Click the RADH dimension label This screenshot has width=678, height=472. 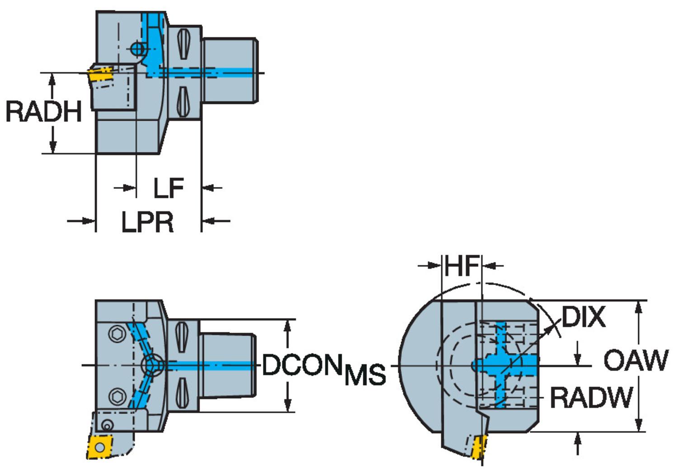coord(44,112)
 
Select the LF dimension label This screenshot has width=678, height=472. coord(168,188)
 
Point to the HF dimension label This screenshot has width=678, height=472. coord(461,266)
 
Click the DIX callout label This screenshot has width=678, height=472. coord(583,317)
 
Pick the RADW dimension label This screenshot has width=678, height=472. coord(591,398)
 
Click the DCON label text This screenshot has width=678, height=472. coord(302,365)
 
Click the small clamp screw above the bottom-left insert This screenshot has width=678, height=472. coord(107,425)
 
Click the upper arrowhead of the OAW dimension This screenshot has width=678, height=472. coord(638,307)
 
